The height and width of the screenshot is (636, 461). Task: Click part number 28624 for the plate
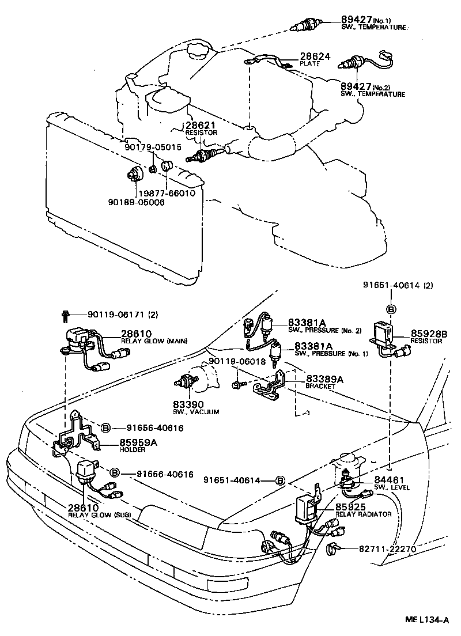point(315,57)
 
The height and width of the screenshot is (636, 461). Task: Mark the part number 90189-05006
point(135,202)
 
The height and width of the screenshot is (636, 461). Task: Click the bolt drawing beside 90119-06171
point(66,315)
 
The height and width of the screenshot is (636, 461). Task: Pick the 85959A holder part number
point(138,442)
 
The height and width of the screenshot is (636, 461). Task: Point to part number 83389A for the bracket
point(324,379)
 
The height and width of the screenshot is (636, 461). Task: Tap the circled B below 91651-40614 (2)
point(391,309)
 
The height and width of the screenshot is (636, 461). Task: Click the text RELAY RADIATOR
point(364,514)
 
